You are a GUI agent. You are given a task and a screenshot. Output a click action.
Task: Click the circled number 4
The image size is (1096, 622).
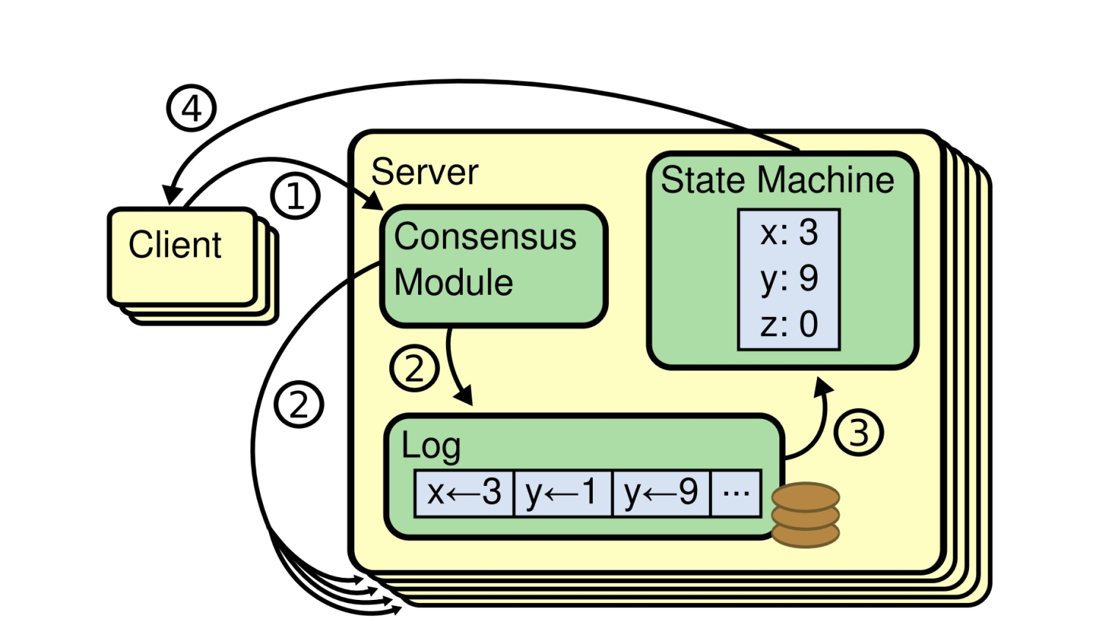coord(191,109)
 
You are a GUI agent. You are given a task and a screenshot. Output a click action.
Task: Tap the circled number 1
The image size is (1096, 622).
coord(295,196)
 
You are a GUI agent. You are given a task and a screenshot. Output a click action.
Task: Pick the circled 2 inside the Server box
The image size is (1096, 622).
coord(414,368)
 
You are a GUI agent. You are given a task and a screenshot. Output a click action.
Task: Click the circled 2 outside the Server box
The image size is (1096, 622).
coord(299,404)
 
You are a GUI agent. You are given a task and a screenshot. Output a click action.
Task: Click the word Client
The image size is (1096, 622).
coord(175,245)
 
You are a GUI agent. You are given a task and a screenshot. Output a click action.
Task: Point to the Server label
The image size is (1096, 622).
coord(425,172)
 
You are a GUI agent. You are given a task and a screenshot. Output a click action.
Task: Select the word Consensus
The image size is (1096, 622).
coord(485,237)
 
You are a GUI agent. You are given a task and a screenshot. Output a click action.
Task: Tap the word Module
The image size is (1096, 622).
coord(453,282)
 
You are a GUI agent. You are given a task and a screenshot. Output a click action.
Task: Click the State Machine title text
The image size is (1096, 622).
coord(777,180)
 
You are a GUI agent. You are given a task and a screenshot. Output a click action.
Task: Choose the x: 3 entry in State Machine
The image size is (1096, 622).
coord(789,233)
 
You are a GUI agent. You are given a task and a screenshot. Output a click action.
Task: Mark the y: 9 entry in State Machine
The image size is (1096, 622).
coord(789,279)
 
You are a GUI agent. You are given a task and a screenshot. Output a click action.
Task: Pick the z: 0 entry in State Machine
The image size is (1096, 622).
coord(789,324)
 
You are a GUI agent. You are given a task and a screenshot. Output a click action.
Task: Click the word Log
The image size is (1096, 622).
coord(430,446)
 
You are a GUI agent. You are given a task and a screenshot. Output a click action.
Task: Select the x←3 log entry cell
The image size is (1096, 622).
coord(464,493)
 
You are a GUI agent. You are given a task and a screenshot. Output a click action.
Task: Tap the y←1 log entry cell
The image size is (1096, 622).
coord(563,493)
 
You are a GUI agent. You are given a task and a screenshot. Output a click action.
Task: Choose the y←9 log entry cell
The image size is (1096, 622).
coord(661,493)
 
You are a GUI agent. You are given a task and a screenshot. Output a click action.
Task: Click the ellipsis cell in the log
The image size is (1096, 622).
coord(736,493)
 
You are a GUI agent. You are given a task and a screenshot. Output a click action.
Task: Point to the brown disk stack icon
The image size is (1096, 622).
coord(806,515)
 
